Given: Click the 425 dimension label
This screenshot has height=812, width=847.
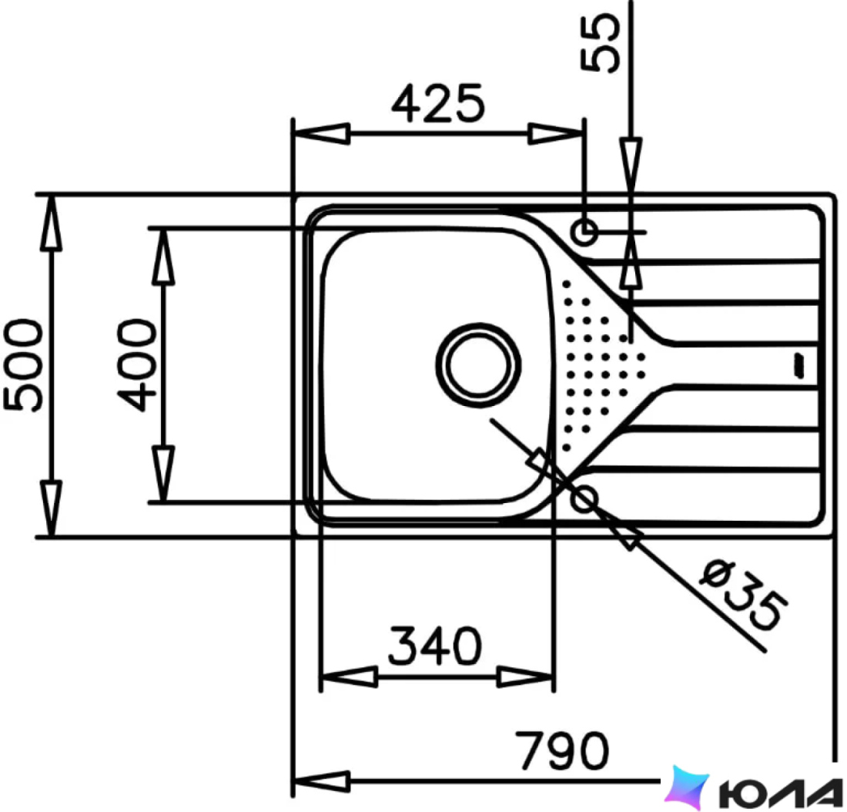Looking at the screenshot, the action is point(438,103).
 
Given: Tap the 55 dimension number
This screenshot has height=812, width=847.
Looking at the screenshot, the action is point(600,43).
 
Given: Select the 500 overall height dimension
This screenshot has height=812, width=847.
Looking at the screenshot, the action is point(22,365).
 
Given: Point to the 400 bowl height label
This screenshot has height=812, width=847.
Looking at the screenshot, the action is point(136,365).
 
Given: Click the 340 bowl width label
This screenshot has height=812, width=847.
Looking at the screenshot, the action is point(435,646).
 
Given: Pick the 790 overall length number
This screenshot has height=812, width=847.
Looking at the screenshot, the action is point(562,750).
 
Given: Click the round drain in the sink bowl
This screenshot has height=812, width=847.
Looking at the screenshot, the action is point(478,365).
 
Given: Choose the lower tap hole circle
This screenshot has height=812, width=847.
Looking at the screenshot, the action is point(584,498).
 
